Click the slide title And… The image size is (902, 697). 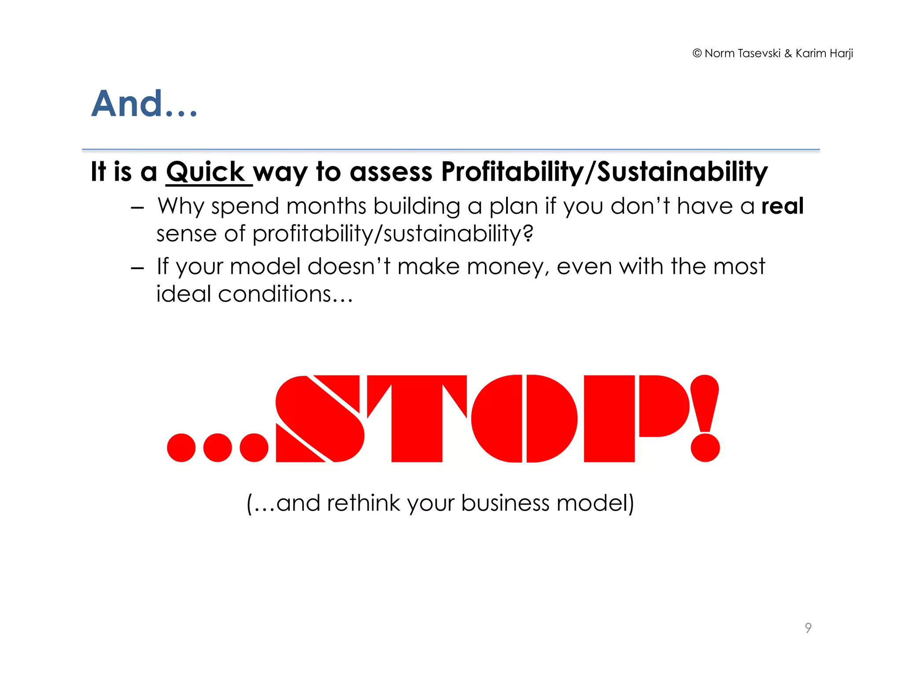tap(144, 104)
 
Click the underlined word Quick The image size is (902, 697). tap(205, 172)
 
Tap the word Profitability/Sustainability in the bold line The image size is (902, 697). tap(604, 172)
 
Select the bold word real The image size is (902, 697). tap(782, 206)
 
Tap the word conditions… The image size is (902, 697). tap(285, 294)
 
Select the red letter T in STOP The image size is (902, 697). tap(416, 419)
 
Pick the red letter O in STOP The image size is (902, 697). tap(524, 419)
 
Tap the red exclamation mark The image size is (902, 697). tap(705, 419)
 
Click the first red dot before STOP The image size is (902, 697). tap(181, 448)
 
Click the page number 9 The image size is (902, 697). tap(808, 627)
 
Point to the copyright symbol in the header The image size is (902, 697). tap(697, 54)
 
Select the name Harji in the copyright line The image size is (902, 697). tap(841, 54)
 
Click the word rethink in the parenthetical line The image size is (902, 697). tap(363, 503)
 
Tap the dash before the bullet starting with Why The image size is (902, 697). tap(137, 208)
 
